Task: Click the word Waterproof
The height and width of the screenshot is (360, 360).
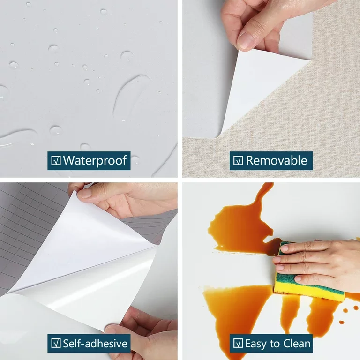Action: pyautogui.click(x=95, y=161)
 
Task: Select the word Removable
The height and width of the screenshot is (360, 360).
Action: pyautogui.click(x=277, y=161)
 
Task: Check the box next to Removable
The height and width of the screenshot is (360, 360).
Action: pyautogui.click(x=238, y=161)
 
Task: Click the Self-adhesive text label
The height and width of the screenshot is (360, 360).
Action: pyautogui.click(x=95, y=343)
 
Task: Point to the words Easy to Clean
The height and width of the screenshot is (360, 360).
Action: pyautogui.click(x=277, y=343)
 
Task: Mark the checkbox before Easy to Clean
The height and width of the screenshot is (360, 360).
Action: pyautogui.click(x=238, y=343)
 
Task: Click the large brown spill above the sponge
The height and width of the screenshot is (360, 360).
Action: pyautogui.click(x=239, y=220)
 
